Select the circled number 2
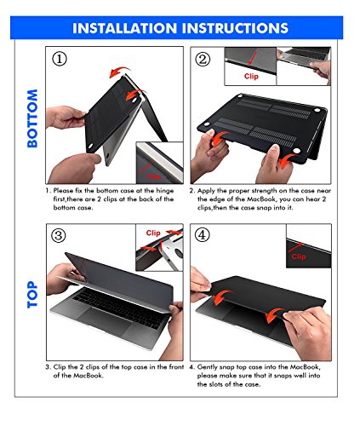(x=202, y=60)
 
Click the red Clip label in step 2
(x=249, y=74)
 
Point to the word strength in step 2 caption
(x=262, y=192)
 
